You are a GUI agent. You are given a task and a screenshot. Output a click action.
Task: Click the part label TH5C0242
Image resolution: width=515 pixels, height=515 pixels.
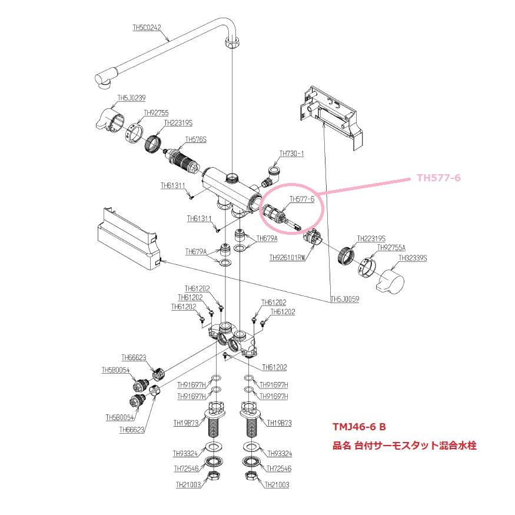147,26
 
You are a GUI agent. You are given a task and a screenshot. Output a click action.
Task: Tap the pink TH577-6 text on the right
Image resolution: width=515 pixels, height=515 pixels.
438,178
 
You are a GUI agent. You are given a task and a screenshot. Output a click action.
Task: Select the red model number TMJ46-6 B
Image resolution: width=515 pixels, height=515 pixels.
358,427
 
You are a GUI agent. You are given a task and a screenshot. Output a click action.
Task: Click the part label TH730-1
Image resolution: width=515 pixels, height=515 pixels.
291,154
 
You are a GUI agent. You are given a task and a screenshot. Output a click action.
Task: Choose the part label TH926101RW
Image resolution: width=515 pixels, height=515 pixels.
288,257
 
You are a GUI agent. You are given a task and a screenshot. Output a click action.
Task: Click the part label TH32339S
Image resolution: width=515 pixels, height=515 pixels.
413,258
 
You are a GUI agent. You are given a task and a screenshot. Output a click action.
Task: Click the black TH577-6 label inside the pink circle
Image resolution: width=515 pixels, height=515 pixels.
302,200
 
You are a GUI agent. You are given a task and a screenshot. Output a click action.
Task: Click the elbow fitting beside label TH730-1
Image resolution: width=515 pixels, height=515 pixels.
273,173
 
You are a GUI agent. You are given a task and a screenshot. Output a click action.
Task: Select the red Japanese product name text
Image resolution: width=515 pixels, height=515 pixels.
405,446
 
